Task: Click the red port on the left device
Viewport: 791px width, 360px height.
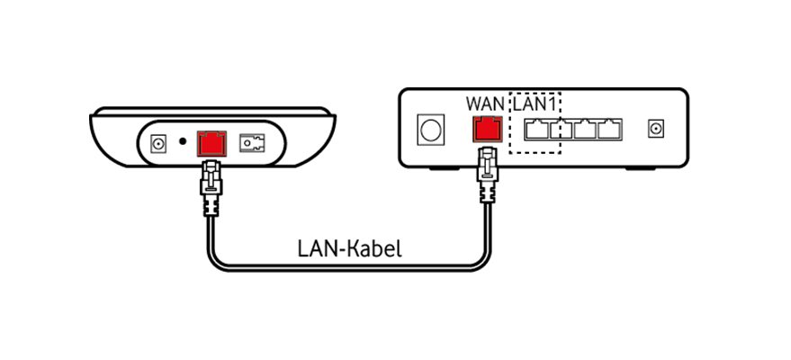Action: coord(211,143)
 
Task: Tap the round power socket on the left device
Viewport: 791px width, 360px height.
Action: coord(159,142)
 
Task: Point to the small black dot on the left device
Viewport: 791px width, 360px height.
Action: coord(184,142)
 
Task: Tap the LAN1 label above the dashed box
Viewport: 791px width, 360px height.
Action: coord(535,102)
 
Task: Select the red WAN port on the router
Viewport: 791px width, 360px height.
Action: coord(487,130)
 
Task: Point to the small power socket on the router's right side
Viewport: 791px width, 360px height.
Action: coord(656,130)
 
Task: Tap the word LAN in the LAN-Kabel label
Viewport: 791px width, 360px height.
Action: coord(314,247)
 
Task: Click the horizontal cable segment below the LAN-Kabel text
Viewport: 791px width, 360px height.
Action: coord(351,266)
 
